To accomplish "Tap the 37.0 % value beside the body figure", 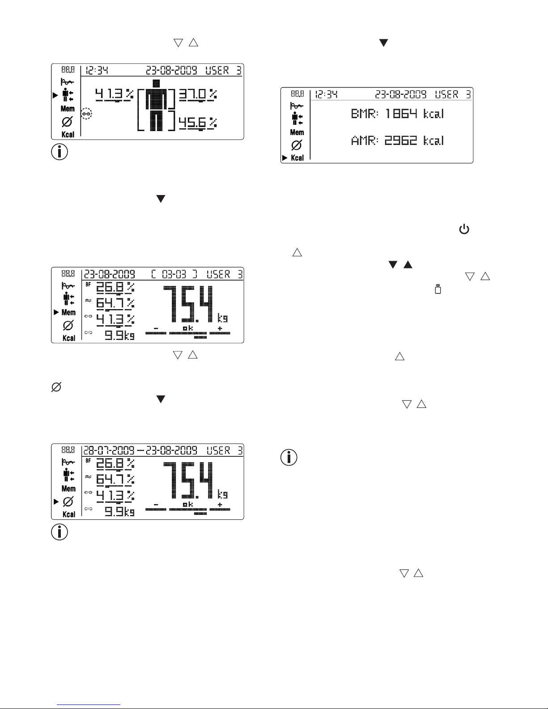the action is [x=198, y=94].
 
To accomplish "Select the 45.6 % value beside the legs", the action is [x=198, y=123].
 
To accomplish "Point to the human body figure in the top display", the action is [x=156, y=106].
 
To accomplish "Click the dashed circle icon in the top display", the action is [x=87, y=114].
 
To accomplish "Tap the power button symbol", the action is [x=464, y=230].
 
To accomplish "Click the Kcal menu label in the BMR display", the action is [x=297, y=158].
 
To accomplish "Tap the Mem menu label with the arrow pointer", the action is [x=68, y=312].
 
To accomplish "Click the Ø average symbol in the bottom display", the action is [x=68, y=501].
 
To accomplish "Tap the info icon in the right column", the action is [x=289, y=457].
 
